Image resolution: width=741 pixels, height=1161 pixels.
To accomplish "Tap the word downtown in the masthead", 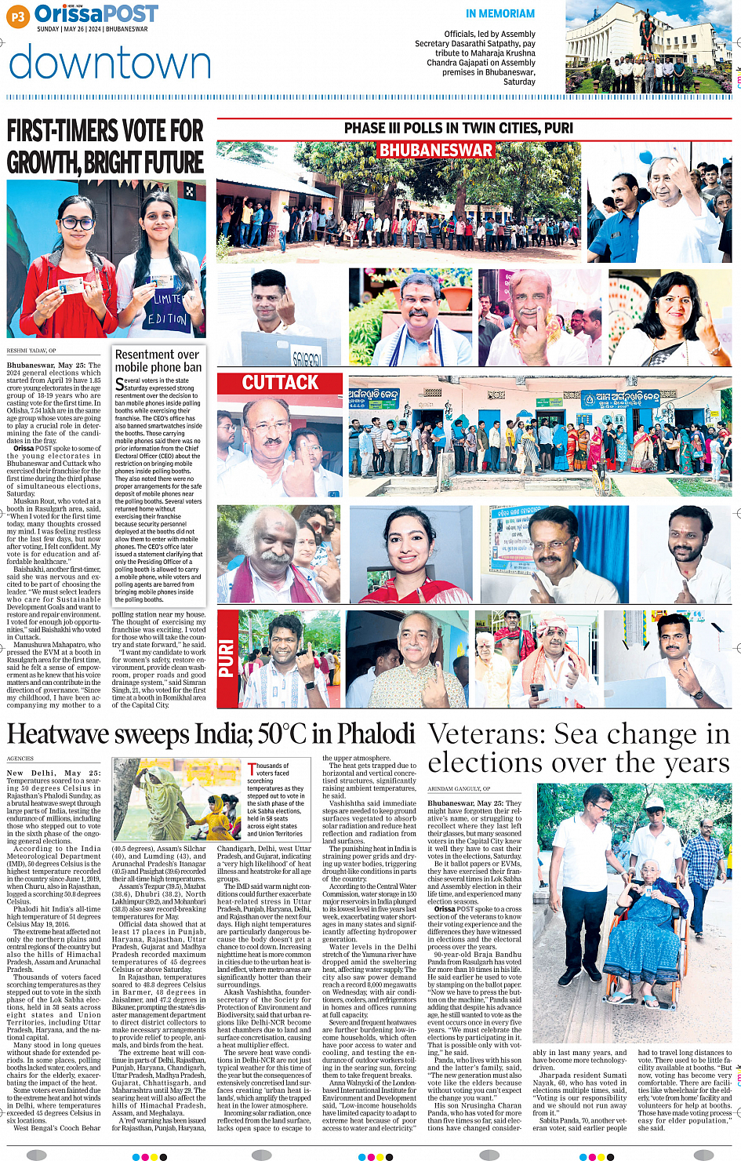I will (110, 63).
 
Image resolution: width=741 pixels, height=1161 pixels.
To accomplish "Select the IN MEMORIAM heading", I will (499, 13).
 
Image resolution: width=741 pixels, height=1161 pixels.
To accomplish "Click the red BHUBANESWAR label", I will (436, 150).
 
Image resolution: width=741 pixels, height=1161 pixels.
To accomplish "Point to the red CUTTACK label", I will (280, 383).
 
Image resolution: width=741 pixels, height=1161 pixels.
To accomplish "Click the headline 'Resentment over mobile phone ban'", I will (158, 361).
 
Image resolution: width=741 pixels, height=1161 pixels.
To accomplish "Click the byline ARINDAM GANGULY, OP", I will (459, 788).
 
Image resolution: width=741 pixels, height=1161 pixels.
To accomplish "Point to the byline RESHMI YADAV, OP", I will (31, 351).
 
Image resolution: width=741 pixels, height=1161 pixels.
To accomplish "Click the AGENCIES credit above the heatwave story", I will (20, 759).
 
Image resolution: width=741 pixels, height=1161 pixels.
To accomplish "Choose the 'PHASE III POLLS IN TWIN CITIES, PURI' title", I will (459, 128).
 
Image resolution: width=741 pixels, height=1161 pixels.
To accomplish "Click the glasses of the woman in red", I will (76, 224).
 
